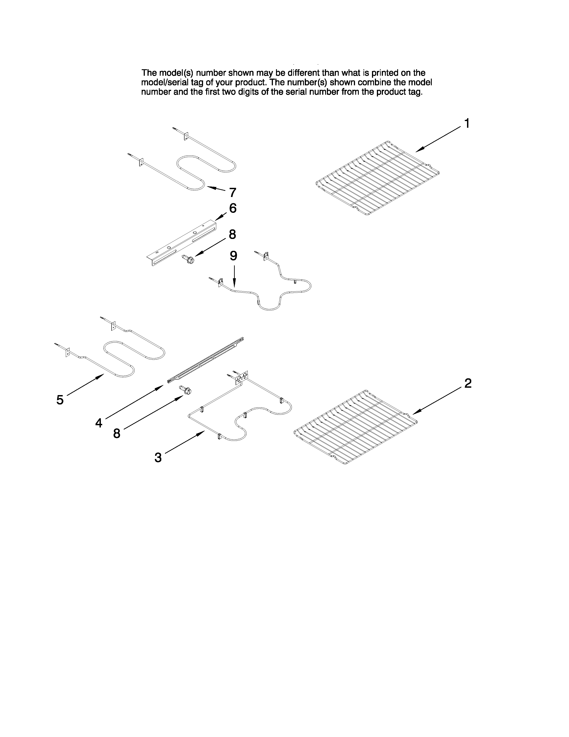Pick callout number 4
(98, 423)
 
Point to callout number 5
(60, 400)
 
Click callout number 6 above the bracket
(233, 208)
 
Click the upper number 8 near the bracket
(232, 234)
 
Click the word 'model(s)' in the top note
(176, 73)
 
